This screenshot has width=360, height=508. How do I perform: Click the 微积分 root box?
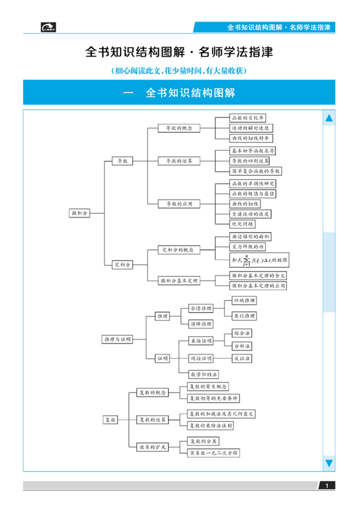pos(80,213)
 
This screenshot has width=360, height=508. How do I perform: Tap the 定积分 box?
pos(122,264)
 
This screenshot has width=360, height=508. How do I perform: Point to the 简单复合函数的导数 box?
pos(256,171)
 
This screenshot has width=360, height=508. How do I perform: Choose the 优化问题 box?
pos(243,224)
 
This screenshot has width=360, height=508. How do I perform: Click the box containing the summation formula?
pos(259,260)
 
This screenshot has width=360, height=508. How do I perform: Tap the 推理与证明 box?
pos(117,339)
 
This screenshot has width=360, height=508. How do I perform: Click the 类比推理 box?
pos(244,316)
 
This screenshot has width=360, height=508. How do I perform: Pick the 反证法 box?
pos(242,358)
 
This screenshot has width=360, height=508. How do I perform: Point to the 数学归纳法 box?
pos(204,374)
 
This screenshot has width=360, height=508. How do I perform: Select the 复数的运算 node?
pos(152,420)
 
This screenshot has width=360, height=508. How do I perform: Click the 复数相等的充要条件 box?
pos(214,398)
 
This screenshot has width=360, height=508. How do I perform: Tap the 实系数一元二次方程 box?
pos(214,453)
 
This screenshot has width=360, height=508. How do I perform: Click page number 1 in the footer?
pos(327,486)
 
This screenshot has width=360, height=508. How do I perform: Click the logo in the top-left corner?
pos(48,27)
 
